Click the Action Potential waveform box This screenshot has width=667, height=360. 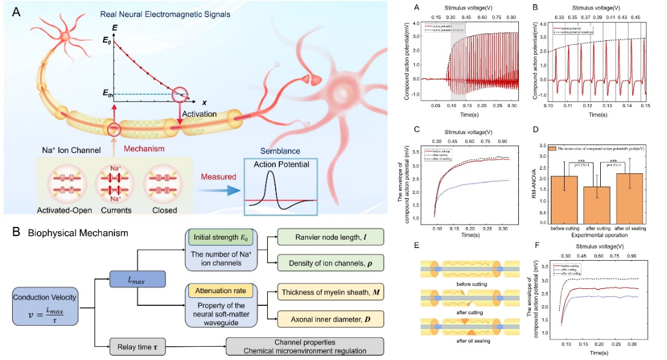pyautogui.click(x=278, y=187)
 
